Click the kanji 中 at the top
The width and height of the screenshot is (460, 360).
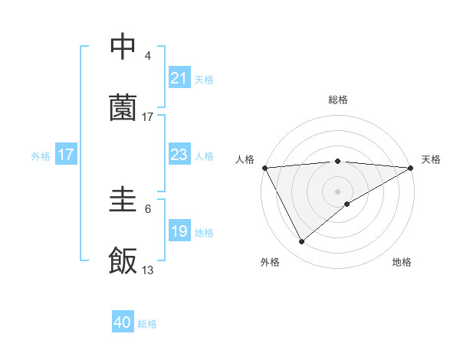(123, 47)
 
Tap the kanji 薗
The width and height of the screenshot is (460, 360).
(123, 108)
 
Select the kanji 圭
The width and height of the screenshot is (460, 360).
(123, 200)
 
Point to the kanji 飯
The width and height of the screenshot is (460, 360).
(123, 261)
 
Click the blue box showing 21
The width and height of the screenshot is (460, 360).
(179, 78)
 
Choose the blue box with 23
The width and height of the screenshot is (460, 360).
(179, 155)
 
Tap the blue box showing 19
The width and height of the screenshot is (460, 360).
(179, 231)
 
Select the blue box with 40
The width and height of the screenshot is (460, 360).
(123, 322)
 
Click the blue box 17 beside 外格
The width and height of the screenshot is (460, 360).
(66, 155)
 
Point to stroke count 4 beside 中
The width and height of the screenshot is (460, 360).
(148, 56)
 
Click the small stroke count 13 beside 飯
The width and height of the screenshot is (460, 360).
(148, 270)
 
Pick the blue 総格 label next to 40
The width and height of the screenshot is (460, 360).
(147, 324)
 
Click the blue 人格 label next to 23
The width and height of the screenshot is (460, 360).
(204, 155)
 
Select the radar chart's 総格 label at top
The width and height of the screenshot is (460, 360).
(337, 100)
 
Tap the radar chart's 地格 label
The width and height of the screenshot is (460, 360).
(402, 262)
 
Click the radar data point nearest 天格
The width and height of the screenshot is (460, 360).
(411, 167)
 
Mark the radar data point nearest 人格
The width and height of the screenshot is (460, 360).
(264, 167)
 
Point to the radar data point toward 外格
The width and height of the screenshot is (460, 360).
(301, 241)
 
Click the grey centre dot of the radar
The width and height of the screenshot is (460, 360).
(337, 191)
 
